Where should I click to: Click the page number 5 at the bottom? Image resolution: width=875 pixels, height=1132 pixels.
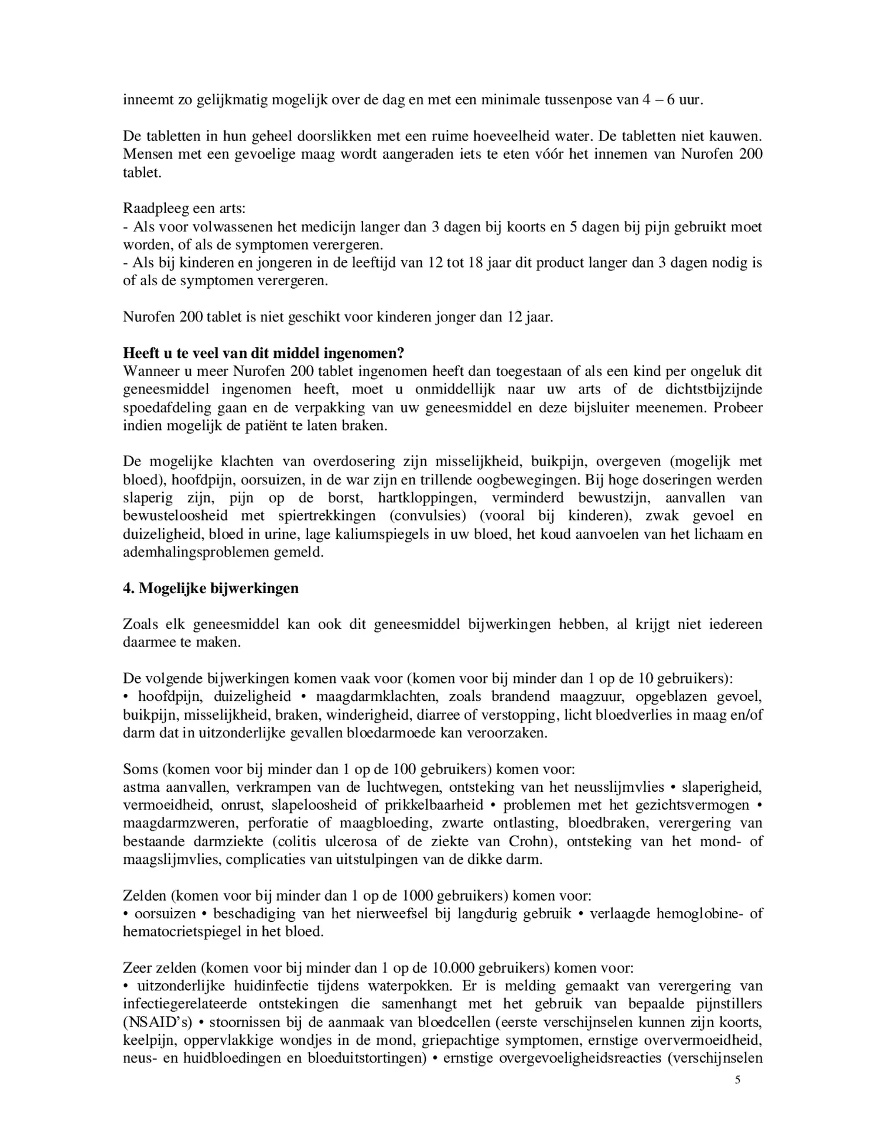pos(737,1079)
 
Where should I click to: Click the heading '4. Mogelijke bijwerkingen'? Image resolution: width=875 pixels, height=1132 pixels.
pos(210,588)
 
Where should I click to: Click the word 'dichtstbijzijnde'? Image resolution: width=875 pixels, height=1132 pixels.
pos(713,389)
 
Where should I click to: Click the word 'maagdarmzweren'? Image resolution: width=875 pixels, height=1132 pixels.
pos(180,823)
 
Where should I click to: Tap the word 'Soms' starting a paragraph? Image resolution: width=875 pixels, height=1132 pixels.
pos(139,769)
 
